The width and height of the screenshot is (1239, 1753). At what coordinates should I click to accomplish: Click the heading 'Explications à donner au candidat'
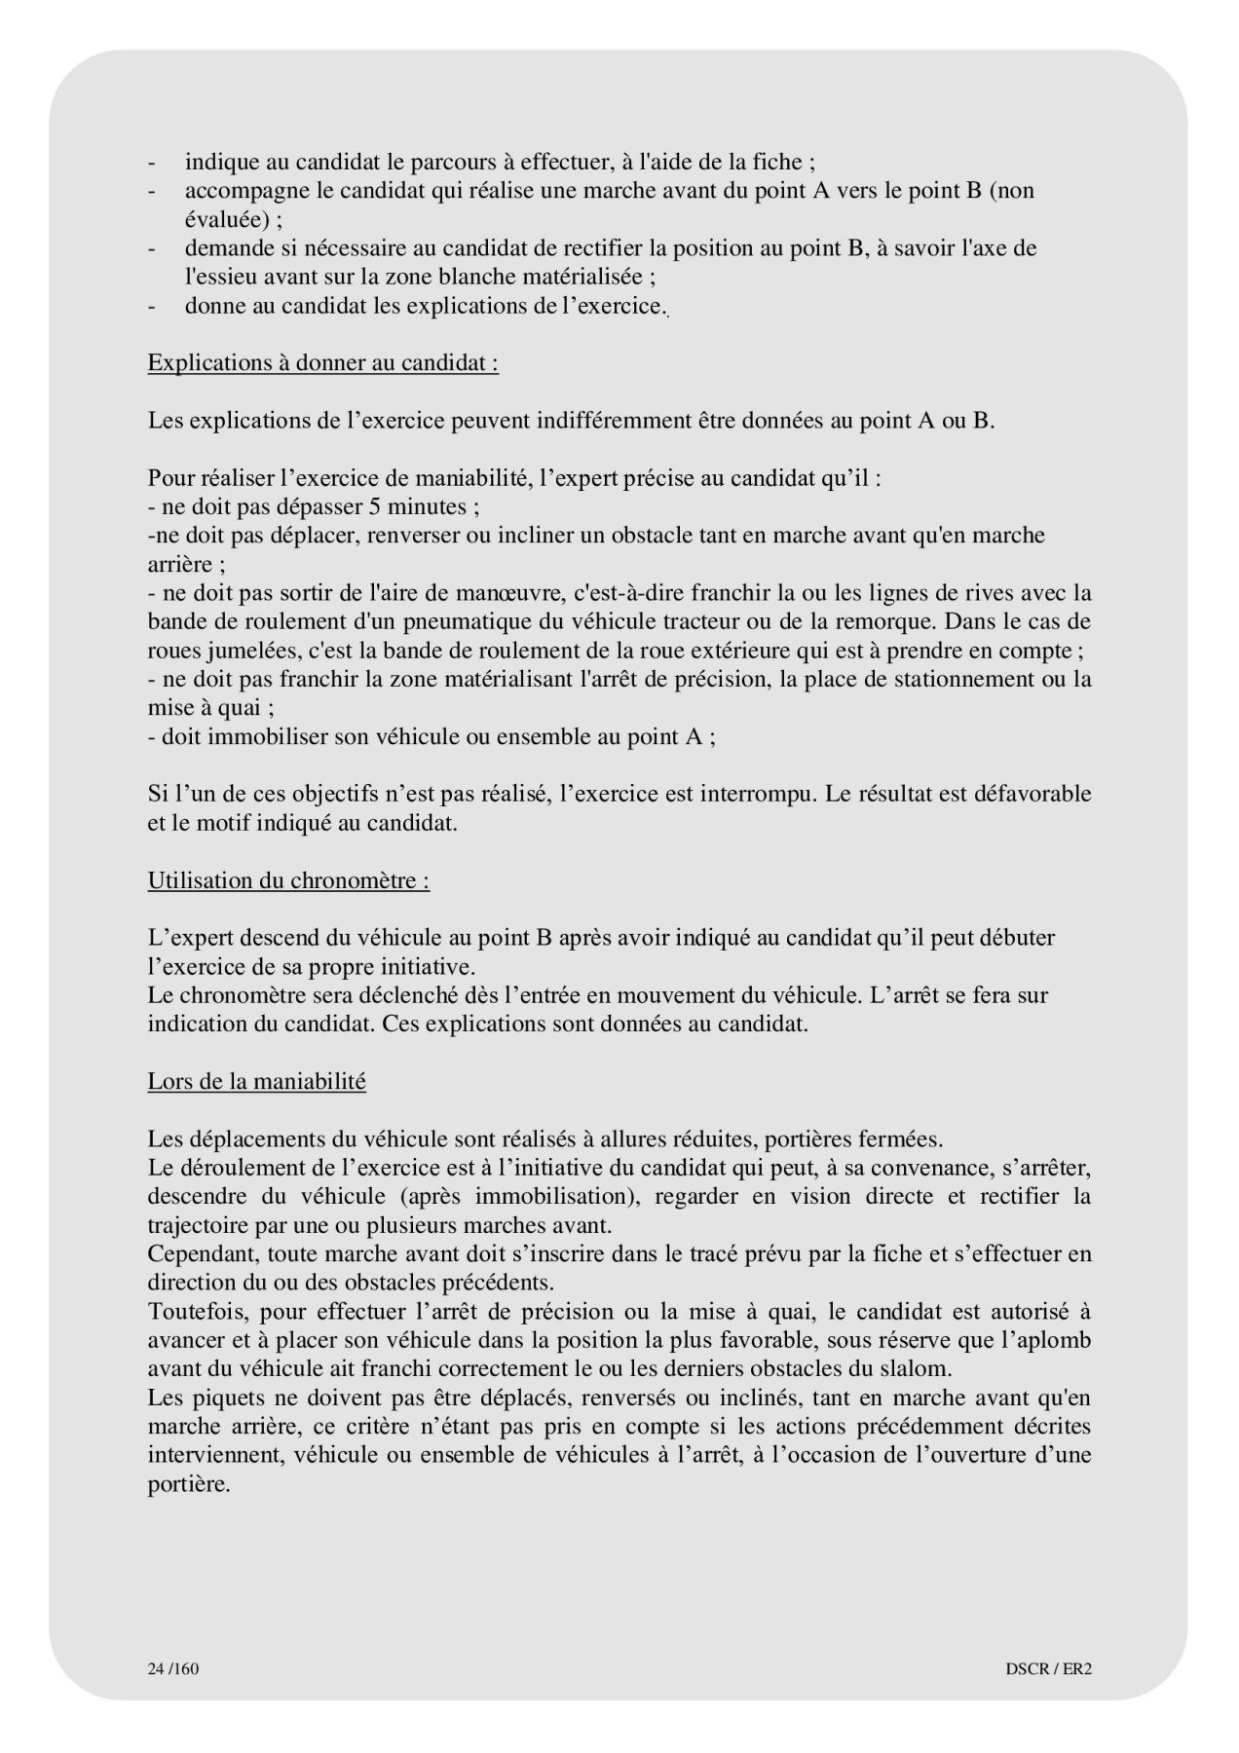322,363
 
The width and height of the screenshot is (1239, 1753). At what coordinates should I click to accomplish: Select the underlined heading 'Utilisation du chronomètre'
288,880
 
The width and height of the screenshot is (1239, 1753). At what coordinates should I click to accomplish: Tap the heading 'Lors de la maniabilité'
256,1081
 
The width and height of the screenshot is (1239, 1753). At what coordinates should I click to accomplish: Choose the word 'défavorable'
1032,794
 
